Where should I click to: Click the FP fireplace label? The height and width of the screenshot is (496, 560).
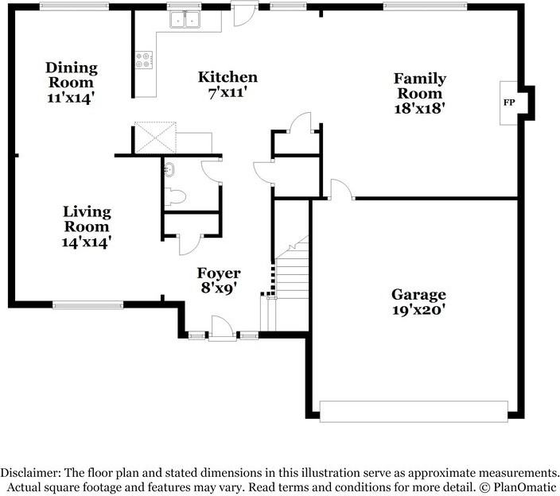click(509, 103)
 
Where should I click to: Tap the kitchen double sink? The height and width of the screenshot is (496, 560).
click(185, 19)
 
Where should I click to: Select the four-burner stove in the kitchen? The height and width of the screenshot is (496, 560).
click(144, 60)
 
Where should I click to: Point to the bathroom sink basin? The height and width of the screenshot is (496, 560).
click(169, 169)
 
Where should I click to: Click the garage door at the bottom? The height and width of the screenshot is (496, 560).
click(414, 412)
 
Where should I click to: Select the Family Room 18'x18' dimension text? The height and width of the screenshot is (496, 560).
click(419, 108)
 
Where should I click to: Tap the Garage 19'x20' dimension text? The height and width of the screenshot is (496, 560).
click(418, 310)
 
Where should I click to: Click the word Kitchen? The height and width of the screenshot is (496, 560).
click(227, 77)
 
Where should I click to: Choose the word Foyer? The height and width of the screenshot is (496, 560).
click(219, 273)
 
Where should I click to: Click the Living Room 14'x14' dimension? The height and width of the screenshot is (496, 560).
click(87, 242)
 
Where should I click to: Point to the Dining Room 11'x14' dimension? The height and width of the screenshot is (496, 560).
click(71, 98)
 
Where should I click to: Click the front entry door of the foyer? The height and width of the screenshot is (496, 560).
click(222, 328)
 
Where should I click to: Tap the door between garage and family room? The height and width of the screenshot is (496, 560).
click(342, 189)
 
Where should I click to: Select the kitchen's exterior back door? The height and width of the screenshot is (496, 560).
click(245, 14)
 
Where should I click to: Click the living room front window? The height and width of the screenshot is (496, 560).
click(87, 304)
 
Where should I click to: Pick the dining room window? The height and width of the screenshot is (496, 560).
click(74, 6)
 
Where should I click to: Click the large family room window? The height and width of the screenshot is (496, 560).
click(425, 6)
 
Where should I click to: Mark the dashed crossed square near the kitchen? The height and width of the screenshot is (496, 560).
click(155, 138)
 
